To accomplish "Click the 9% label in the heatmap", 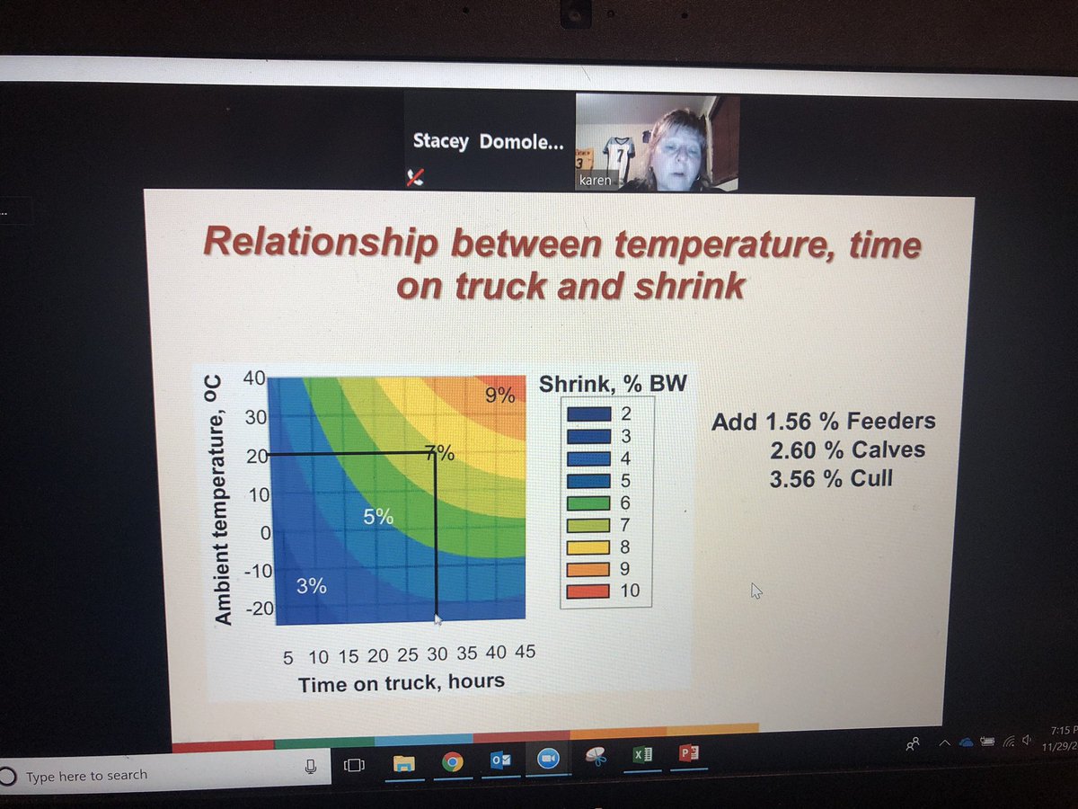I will [x=500, y=394].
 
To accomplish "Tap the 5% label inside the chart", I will [x=378, y=517].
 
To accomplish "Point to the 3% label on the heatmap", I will [x=311, y=587].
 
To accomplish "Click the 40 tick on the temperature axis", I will [x=253, y=378].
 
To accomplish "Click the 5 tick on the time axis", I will [x=287, y=658].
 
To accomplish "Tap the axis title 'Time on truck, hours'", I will [x=401, y=683].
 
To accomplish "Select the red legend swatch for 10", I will [x=588, y=591].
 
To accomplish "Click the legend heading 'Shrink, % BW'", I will [x=613, y=386].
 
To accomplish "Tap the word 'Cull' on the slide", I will [x=870, y=478].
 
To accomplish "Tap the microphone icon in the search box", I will [x=311, y=767].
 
